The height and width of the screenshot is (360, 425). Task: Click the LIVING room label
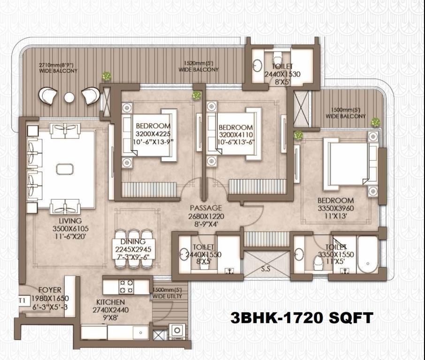[x=70, y=221]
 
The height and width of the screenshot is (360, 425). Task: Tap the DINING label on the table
[x=133, y=241]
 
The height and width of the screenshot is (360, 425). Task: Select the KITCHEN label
[x=111, y=302]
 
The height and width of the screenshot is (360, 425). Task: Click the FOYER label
[x=50, y=290]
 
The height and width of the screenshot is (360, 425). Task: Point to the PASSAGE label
[x=206, y=208]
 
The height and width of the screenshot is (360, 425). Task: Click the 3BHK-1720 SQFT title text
[x=302, y=317]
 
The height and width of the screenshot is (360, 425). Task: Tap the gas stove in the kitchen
[x=127, y=286]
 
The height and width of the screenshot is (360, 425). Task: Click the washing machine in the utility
[x=177, y=331]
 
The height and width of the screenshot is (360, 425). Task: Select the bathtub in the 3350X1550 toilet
[x=368, y=255]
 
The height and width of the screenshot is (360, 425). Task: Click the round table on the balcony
[x=69, y=97]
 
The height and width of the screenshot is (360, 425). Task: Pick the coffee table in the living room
[x=65, y=169]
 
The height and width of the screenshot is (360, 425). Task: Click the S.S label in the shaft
[x=266, y=269]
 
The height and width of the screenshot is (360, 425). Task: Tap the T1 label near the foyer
[x=22, y=300]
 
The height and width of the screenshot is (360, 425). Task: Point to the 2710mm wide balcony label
[x=58, y=68]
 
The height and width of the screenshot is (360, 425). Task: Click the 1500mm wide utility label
[x=167, y=293]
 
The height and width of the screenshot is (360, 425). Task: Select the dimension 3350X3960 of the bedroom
[x=336, y=208]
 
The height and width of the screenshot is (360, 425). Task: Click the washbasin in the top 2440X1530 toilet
[x=257, y=65]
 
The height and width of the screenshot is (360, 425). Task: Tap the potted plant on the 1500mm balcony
[x=375, y=122]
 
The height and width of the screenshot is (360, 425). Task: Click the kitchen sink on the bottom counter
[x=140, y=333]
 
